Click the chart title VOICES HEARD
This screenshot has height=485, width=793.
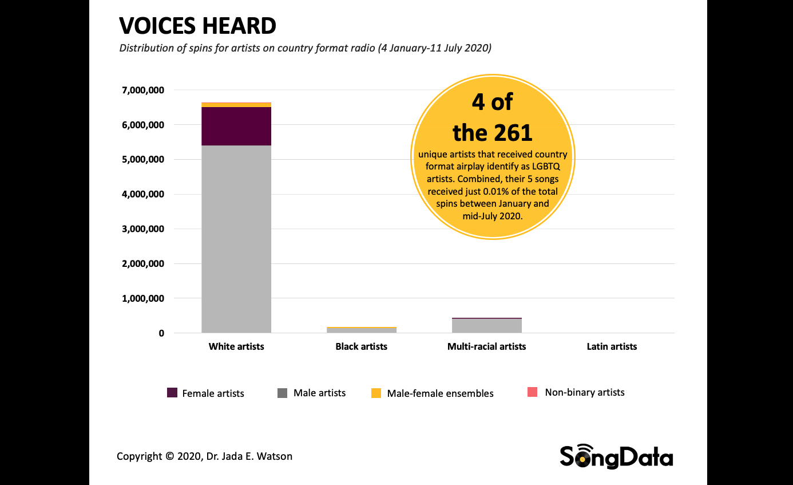coord(197,26)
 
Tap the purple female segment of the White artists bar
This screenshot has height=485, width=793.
coord(236,126)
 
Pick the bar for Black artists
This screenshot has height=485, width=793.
coord(362,330)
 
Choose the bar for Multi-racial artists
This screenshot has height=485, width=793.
coord(487,325)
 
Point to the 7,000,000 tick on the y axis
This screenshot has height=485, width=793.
coord(143,90)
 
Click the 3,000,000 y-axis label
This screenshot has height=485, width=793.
coord(143,229)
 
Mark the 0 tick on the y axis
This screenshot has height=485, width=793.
coord(161,333)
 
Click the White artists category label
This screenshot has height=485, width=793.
coord(236,346)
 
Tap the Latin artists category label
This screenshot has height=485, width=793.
coord(612,346)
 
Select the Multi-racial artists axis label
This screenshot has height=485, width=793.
coord(487,346)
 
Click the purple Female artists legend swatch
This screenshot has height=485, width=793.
coord(172,393)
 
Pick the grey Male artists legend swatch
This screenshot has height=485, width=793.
coord(283,393)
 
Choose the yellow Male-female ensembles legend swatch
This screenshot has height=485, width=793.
coord(376,393)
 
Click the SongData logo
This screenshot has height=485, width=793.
coord(616,457)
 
